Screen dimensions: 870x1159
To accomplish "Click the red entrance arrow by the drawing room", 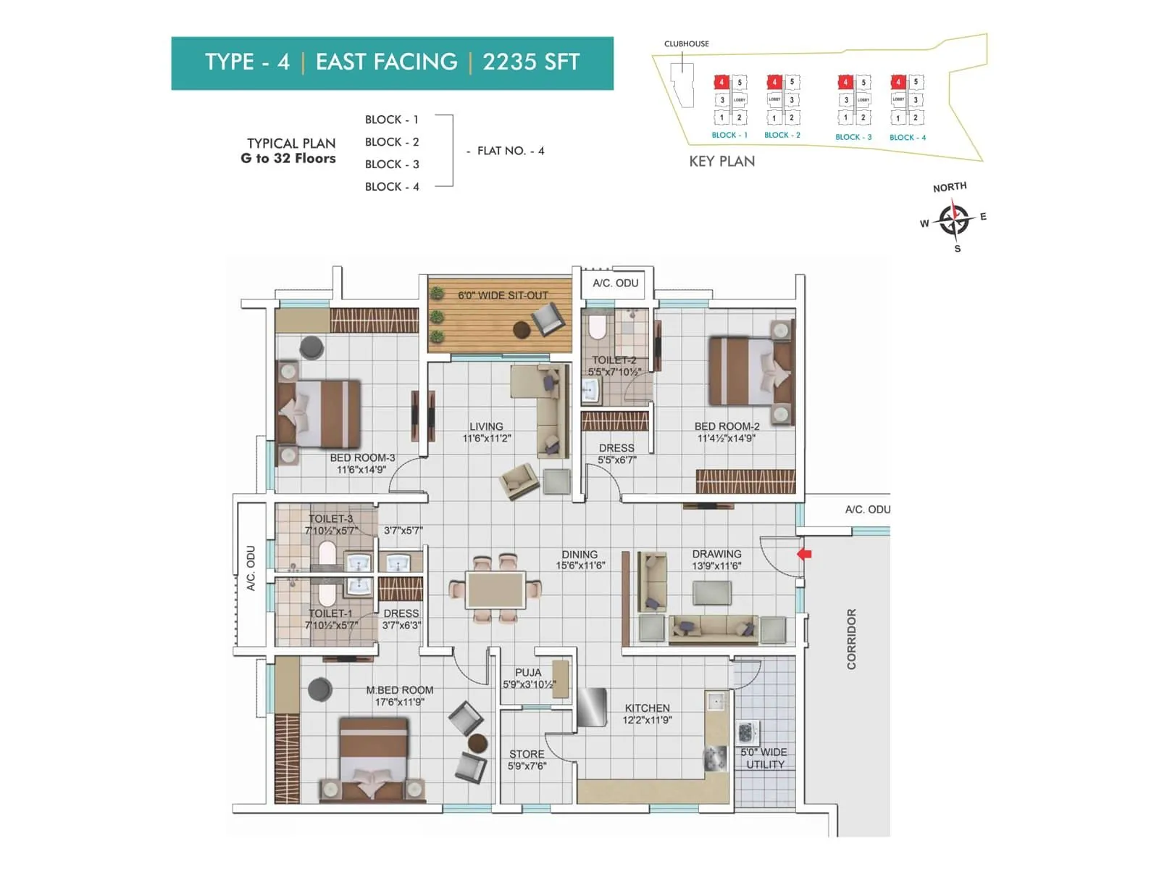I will click(804, 554).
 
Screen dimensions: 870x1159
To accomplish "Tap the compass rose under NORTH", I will click(953, 219).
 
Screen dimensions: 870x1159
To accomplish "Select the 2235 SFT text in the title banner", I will click(531, 62).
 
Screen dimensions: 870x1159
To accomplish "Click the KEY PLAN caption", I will click(721, 162).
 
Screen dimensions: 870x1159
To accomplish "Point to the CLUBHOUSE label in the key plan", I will click(686, 43).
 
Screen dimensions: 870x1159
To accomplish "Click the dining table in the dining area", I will click(496, 589).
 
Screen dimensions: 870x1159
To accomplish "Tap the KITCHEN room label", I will click(647, 708).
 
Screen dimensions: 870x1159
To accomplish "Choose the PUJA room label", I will click(528, 672).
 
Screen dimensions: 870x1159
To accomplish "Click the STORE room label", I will click(526, 754).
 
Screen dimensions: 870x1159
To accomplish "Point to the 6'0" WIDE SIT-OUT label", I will click(503, 295).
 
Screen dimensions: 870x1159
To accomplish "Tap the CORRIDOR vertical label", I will click(851, 639).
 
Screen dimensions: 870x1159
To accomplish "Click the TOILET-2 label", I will click(614, 360).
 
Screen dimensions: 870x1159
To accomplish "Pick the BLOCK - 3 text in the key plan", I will click(853, 137).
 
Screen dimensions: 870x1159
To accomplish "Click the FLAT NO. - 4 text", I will click(511, 151).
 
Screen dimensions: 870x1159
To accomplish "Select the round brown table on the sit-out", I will click(522, 331).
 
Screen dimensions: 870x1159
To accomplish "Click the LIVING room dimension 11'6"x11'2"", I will click(487, 439).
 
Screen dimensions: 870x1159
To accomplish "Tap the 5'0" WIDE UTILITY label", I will click(763, 758).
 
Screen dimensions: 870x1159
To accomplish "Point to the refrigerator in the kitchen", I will click(592, 707).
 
